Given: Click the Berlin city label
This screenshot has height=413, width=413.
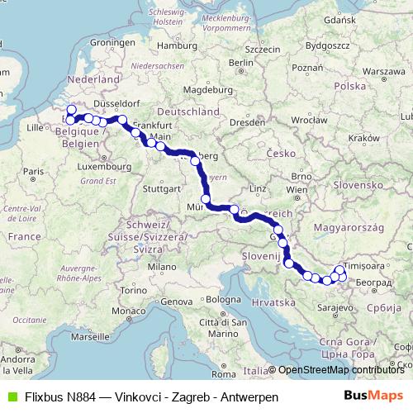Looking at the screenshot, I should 240,62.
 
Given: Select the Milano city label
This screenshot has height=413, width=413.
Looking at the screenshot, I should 162,268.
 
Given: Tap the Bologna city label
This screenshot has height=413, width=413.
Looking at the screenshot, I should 223,298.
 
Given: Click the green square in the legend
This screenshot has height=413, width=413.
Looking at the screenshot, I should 11,396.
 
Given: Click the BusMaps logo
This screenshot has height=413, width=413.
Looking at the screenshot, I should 375,396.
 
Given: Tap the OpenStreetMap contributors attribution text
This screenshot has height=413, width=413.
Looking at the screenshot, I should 341,370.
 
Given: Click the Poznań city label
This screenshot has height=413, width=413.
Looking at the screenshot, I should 306,68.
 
